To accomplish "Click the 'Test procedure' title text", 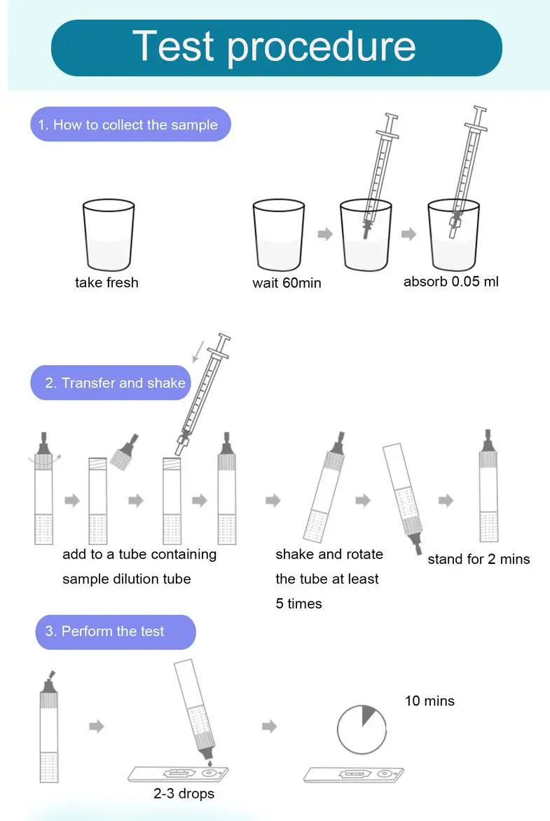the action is click(274, 47).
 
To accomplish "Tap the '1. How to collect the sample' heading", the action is click(128, 125).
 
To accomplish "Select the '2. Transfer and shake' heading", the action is click(115, 382).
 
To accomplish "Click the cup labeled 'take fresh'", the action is click(109, 235).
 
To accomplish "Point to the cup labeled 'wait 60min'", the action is click(279, 235).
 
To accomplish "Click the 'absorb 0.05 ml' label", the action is click(451, 282).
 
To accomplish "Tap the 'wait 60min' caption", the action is click(287, 283).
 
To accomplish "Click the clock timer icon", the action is click(362, 729).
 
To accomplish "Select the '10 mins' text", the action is click(429, 701).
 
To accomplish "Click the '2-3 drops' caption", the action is click(184, 794).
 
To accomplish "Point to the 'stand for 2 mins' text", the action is click(479, 559).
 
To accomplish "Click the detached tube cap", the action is click(125, 452).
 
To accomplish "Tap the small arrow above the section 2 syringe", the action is click(198, 351).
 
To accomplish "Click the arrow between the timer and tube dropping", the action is click(269, 726).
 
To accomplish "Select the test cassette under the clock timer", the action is click(354, 774).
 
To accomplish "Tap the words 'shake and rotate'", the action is click(329, 554).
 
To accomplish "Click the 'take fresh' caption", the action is click(107, 283).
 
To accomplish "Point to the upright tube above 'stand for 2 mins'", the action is click(488, 485).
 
